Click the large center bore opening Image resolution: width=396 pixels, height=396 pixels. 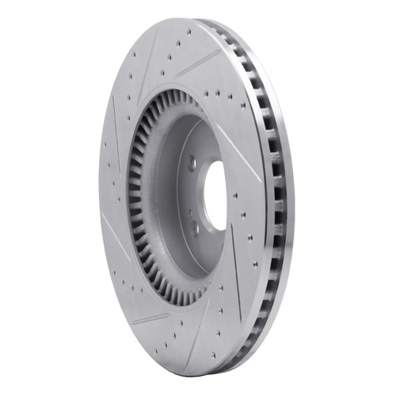tap(215, 196)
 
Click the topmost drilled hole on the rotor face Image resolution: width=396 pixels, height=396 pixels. tap(188, 33)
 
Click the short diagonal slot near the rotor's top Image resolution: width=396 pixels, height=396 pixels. tap(197, 64)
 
